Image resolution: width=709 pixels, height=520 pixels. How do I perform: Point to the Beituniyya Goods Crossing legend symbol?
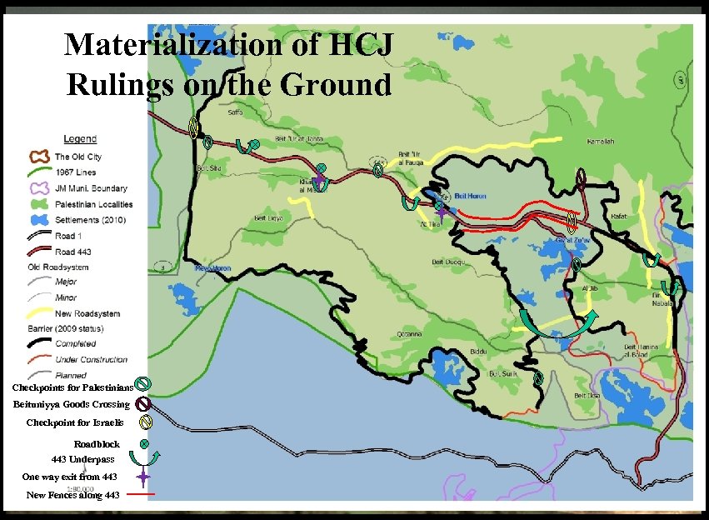coord(142,404)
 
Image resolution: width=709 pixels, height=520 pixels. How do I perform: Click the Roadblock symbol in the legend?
coord(143,443)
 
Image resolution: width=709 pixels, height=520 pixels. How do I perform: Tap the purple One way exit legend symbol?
coord(142,477)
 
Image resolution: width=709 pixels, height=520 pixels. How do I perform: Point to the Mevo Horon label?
coord(212,268)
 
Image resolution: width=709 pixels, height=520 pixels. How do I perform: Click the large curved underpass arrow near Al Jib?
coord(557,324)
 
